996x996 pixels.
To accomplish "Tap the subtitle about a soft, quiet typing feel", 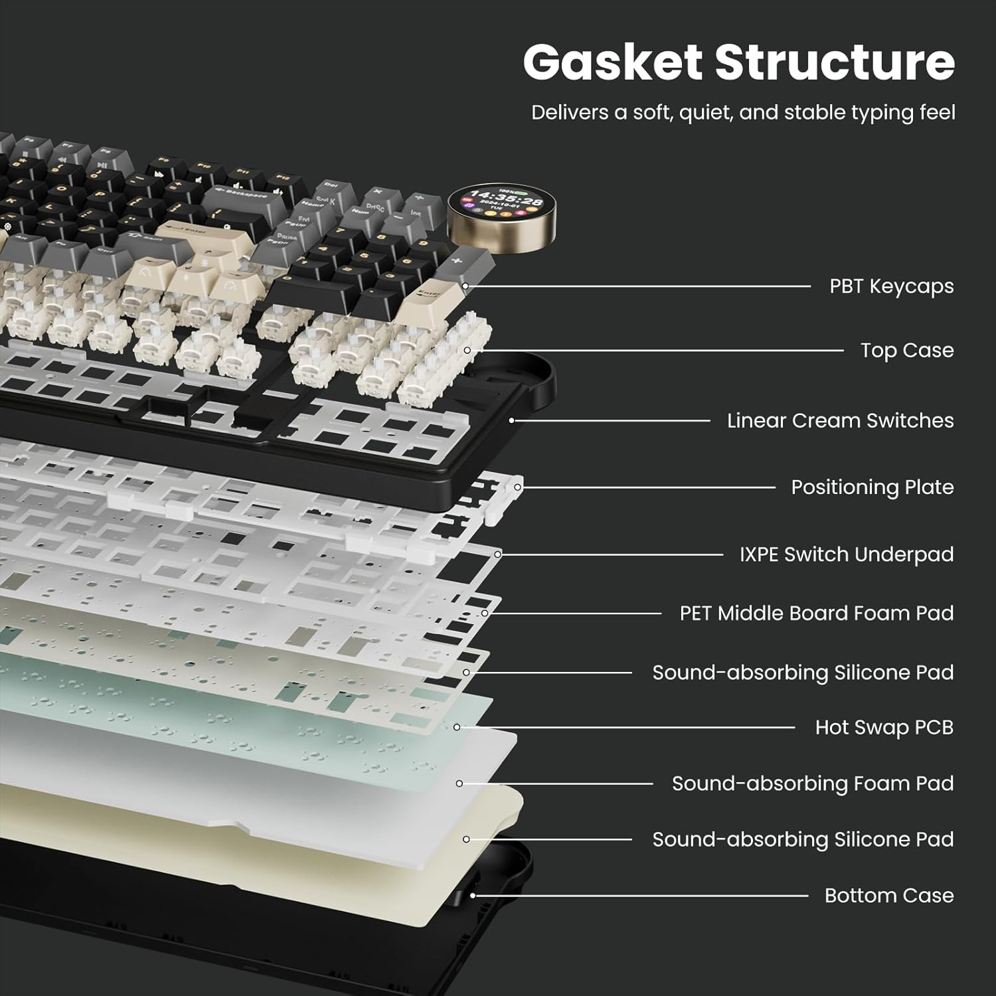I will [743, 112].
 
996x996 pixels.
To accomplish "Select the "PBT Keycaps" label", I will [891, 286].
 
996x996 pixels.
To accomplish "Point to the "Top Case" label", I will [906, 350].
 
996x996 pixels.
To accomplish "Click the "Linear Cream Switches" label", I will [840, 420].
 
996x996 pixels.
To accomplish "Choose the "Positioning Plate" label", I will [872, 487].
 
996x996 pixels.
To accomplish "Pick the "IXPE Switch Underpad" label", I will [847, 554].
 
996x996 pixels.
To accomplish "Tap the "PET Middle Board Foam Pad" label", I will [816, 613].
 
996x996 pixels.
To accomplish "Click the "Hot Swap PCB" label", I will [884, 727].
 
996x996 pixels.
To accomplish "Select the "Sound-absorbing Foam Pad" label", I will [812, 784].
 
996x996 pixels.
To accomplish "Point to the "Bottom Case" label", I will [888, 895].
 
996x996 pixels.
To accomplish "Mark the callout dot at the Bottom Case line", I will [473, 895].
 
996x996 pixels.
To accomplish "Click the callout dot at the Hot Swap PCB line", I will [457, 727].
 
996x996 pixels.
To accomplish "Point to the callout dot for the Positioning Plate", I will [517, 487].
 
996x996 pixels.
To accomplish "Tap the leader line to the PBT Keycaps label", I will [637, 286].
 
